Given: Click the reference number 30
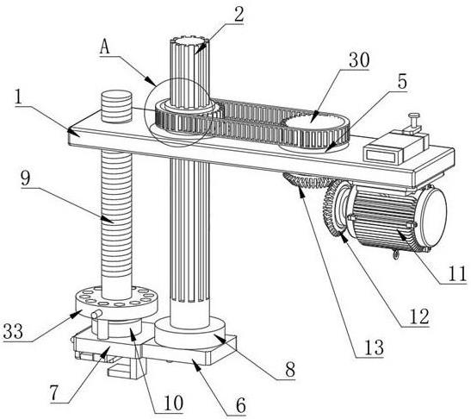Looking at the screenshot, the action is [x=359, y=60].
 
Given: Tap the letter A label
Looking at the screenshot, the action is [x=105, y=47].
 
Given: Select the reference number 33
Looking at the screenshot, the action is [x=13, y=331].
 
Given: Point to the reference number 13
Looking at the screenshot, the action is [x=374, y=347].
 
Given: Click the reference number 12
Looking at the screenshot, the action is [x=419, y=316].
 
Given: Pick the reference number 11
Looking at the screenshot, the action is [x=457, y=274].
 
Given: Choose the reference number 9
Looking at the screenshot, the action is [x=26, y=178].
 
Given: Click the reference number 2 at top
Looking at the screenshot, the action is [x=239, y=14].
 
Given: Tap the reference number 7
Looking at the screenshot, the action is [x=54, y=393].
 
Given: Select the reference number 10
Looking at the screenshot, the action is [x=173, y=403].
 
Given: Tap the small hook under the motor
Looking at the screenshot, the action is [x=396, y=255].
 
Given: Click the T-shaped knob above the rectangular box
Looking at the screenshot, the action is [x=413, y=122].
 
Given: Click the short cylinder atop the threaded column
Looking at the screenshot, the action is [x=116, y=106].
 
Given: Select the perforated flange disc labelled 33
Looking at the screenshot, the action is [x=115, y=303].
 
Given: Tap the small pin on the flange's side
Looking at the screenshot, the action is [x=96, y=315].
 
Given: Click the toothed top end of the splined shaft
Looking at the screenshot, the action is [x=189, y=41].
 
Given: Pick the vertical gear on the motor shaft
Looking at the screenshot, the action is [x=334, y=209].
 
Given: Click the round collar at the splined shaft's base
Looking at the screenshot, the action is [x=189, y=332].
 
